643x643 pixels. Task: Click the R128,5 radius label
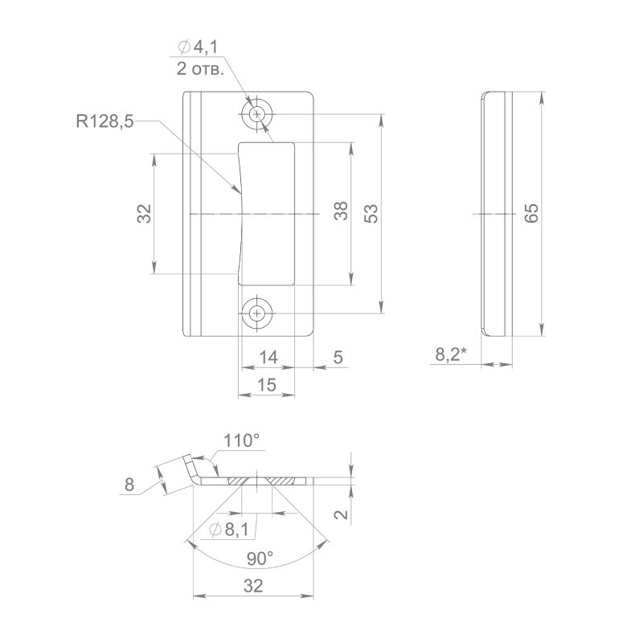click(105, 121)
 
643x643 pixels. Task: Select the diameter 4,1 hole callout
click(198, 47)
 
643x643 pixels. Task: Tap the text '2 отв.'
click(200, 69)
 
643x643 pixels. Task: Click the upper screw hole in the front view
click(257, 113)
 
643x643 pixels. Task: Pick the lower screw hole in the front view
click(257, 314)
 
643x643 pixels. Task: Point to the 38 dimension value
click(341, 211)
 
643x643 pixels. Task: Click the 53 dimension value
click(371, 213)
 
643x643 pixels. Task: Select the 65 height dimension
click(531, 213)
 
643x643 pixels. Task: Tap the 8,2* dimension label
click(451, 354)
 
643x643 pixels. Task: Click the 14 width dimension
click(268, 357)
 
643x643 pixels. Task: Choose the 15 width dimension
click(267, 385)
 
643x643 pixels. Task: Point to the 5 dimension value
click(338, 357)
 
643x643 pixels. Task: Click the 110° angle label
click(241, 440)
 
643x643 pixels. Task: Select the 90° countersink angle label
click(260, 558)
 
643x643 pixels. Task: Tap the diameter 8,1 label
click(229, 530)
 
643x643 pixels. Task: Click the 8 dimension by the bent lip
click(129, 485)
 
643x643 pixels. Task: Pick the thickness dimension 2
click(341, 514)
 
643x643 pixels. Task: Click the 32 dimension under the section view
click(253, 586)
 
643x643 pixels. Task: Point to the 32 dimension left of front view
click(144, 213)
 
